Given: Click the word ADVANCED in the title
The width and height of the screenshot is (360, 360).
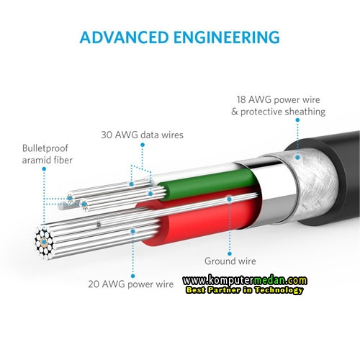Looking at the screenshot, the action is (x=124, y=37).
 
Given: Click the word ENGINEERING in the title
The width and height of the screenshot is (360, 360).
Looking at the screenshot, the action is (x=227, y=37).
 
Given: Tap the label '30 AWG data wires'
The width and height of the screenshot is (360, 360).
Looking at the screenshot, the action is (x=142, y=135).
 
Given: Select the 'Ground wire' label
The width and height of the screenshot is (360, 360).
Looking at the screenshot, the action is (x=230, y=261).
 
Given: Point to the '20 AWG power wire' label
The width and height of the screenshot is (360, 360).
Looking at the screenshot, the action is (x=131, y=284).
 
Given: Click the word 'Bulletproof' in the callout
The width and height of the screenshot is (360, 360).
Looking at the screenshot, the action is (x=45, y=148).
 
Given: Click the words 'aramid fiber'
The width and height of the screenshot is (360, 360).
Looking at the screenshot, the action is (x=47, y=161).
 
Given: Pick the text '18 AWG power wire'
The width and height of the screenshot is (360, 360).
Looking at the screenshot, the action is (x=278, y=99).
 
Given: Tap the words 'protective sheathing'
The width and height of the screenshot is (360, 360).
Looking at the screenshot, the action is (x=283, y=112).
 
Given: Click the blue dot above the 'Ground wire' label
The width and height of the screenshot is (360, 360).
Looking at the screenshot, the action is (x=230, y=253).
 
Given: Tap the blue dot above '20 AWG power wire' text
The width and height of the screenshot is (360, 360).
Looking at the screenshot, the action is (x=133, y=276).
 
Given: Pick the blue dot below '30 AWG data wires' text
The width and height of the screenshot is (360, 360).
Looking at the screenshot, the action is (x=143, y=145).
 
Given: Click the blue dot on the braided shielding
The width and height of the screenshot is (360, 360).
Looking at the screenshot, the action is (x=297, y=158).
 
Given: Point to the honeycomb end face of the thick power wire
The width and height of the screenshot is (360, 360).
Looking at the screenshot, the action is (x=44, y=242).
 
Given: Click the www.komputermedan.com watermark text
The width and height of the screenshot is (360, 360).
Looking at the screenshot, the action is (x=245, y=280).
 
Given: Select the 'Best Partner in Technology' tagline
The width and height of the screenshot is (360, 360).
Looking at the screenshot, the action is (x=244, y=290).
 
